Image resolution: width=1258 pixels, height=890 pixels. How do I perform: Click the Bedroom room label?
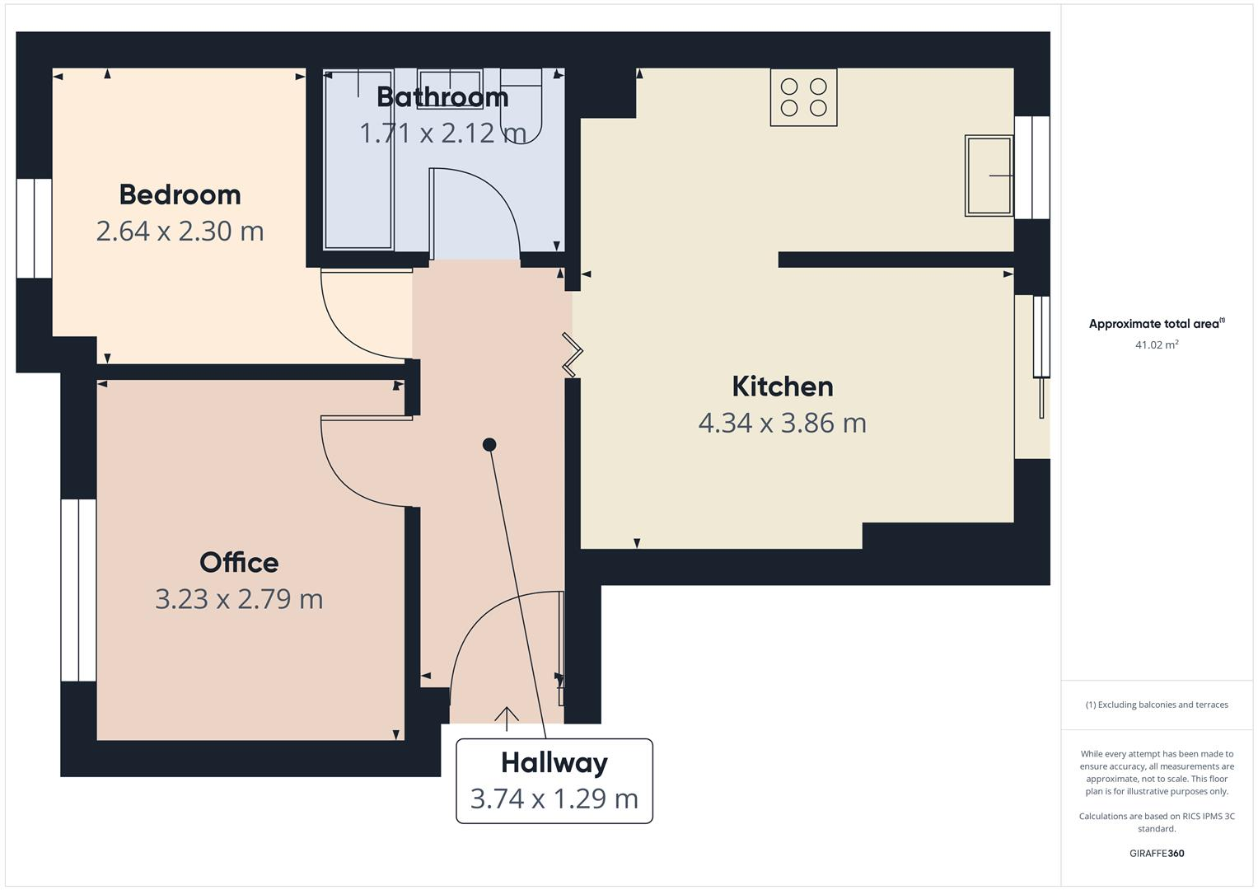point(180,194)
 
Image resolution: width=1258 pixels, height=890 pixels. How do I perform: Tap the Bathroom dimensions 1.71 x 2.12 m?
point(442,133)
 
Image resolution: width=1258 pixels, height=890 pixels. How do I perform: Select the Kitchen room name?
point(782,386)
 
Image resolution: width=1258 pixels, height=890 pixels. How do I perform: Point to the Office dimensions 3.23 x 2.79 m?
point(239,599)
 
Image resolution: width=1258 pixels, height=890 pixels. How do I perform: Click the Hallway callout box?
point(554,780)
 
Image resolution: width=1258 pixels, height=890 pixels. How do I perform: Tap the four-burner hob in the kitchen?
point(803,97)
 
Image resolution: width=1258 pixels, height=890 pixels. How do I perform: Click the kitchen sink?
point(989,176)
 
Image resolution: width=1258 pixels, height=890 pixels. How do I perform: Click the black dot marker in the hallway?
point(489,445)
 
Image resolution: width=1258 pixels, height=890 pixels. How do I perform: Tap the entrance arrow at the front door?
point(506,718)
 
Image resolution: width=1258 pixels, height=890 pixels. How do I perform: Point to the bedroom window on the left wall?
point(35,228)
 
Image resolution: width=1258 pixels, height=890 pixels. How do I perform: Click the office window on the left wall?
point(78,590)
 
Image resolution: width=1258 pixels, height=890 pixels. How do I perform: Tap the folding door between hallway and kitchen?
point(572,354)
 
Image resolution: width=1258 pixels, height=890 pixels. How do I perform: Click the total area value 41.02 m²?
point(1156,345)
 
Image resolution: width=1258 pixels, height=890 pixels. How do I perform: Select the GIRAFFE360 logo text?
point(1156,853)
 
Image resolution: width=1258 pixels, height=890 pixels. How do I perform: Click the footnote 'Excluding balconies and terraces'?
point(1156,705)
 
